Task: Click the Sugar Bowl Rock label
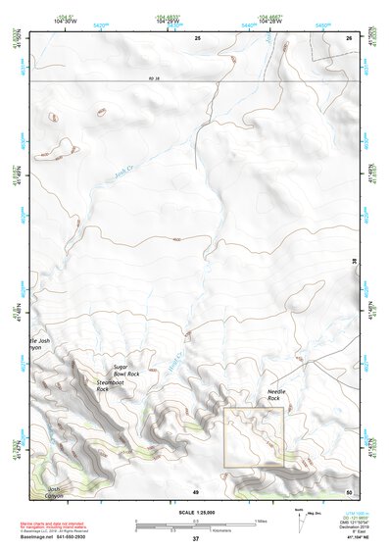[x=127, y=369]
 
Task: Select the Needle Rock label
[x=274, y=395]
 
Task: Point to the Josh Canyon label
[x=60, y=492]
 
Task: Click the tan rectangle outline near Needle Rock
[x=254, y=437]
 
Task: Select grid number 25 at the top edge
[x=197, y=37]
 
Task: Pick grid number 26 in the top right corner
[x=349, y=37]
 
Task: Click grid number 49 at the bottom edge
[x=195, y=491]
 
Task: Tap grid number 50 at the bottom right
[x=349, y=491]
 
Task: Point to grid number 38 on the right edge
[x=354, y=261]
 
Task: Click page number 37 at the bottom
[x=195, y=538]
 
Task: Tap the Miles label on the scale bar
[x=261, y=521]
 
